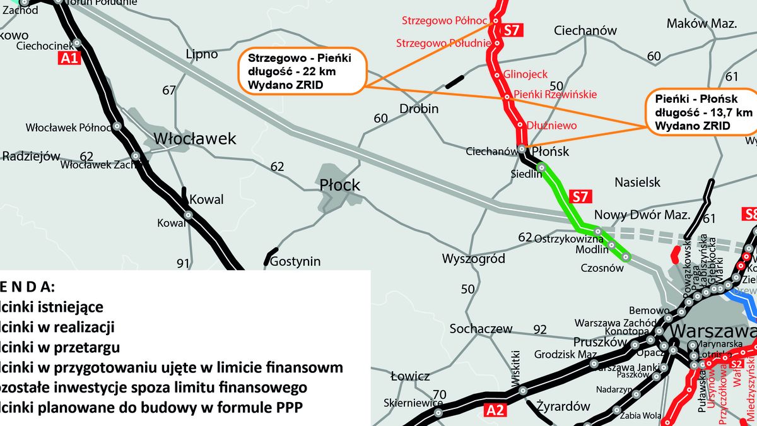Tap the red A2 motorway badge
click(496, 411)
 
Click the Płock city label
click(339, 185)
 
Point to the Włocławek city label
click(196, 138)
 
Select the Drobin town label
click(419, 109)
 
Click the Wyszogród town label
click(474, 259)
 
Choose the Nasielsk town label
click(637, 182)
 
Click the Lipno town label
click(202, 54)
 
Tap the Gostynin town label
click(295, 261)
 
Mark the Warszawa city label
click(713, 332)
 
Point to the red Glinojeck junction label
click(525, 74)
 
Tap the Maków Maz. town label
click(701, 24)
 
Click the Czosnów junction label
click(602, 268)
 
